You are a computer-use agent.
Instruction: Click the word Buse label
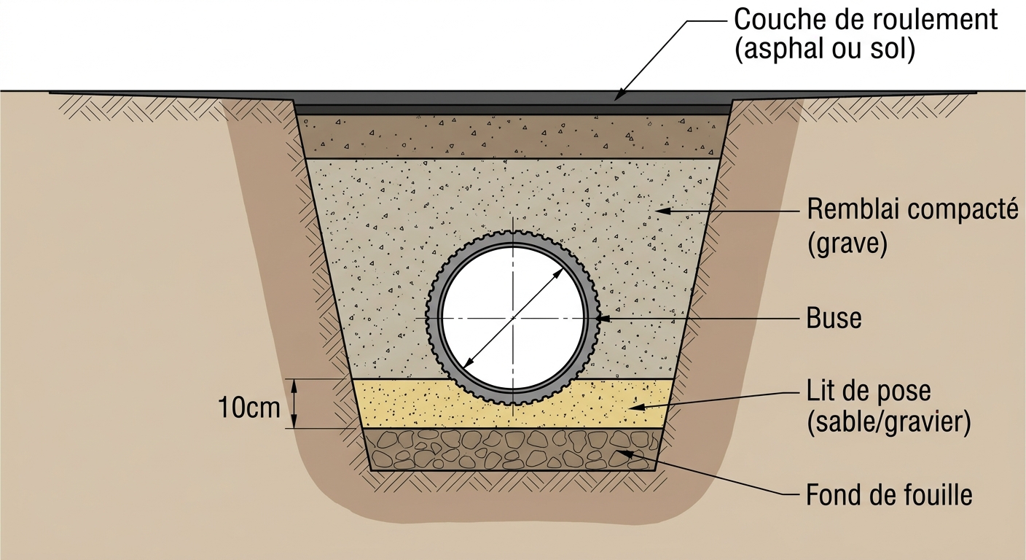pyautogui.click(x=834, y=318)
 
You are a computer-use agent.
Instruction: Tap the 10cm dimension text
pyautogui.click(x=249, y=408)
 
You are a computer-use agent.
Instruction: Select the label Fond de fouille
pyautogui.click(x=889, y=495)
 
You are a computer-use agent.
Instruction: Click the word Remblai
pyautogui.click(x=853, y=209)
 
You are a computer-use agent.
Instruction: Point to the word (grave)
pyautogui.click(x=847, y=244)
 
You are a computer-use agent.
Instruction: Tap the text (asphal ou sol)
pyautogui.click(x=825, y=49)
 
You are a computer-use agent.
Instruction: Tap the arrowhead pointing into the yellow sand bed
pyautogui.click(x=635, y=407)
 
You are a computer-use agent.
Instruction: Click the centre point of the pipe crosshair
pyautogui.click(x=513, y=318)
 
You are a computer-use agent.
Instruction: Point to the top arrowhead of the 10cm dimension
pyautogui.click(x=294, y=386)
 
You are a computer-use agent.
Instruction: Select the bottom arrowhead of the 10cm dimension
pyautogui.click(x=294, y=421)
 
